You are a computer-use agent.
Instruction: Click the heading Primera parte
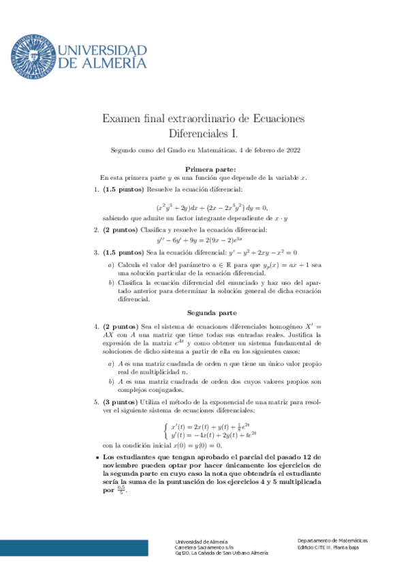210,168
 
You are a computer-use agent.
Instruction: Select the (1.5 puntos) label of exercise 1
123,188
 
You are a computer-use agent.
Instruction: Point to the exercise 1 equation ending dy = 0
212,207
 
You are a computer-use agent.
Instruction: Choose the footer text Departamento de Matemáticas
332,540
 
